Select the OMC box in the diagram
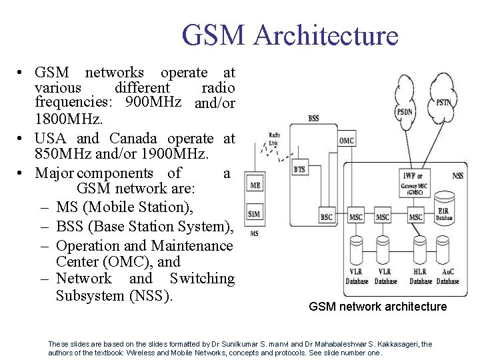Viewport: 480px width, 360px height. click(x=347, y=141)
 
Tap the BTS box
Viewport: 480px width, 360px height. click(x=300, y=169)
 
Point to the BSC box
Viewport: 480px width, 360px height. click(x=326, y=217)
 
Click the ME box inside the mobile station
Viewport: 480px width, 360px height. click(x=255, y=185)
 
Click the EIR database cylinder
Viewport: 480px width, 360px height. click(x=444, y=208)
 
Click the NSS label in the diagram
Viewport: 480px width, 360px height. click(x=458, y=175)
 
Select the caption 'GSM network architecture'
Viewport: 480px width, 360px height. click(x=378, y=307)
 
